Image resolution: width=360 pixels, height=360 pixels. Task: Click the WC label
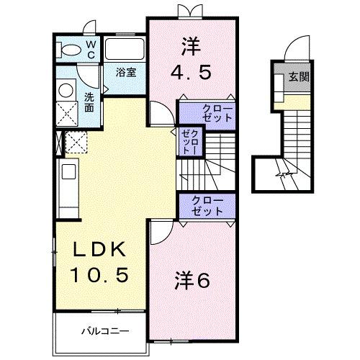[x=92, y=49]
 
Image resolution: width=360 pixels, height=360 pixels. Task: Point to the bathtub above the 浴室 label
[x=125, y=50]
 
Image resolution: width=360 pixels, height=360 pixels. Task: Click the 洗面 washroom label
[x=89, y=102]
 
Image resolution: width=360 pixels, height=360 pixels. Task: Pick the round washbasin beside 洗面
[x=66, y=91]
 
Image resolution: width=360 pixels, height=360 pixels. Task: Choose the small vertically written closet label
[x=189, y=143]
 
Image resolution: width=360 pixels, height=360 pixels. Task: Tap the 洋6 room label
[x=192, y=281]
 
